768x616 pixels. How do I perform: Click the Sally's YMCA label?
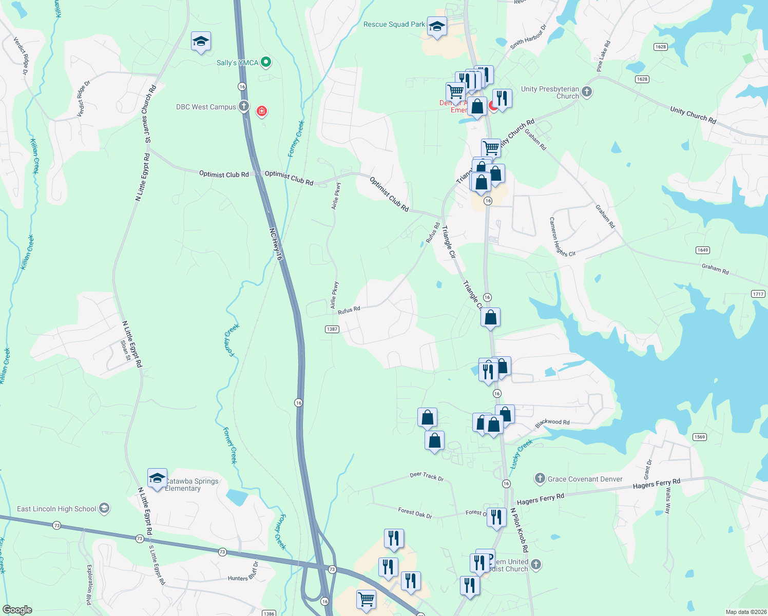(237, 63)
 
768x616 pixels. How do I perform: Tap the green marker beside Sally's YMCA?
(266, 63)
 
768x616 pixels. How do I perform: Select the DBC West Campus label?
(206, 107)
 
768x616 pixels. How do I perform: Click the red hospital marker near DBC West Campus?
(262, 111)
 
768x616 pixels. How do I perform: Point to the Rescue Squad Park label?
(394, 25)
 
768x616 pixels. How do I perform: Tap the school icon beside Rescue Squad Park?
(437, 27)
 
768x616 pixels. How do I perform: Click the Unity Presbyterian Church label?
(550, 92)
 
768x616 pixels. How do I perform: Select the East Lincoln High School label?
(56, 509)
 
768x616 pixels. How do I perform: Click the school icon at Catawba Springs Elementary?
(157, 478)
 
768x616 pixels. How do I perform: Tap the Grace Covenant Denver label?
(585, 479)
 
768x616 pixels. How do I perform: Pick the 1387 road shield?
(332, 329)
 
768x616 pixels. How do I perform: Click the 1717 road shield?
(758, 294)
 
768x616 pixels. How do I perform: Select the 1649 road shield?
(703, 250)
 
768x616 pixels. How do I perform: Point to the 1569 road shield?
(700, 437)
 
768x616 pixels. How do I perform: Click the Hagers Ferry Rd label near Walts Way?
(656, 484)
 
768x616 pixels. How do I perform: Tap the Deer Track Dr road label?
(427, 476)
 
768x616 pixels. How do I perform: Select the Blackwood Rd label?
(552, 423)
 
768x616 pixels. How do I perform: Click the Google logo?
(17, 610)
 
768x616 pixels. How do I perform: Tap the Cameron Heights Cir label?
(562, 237)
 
